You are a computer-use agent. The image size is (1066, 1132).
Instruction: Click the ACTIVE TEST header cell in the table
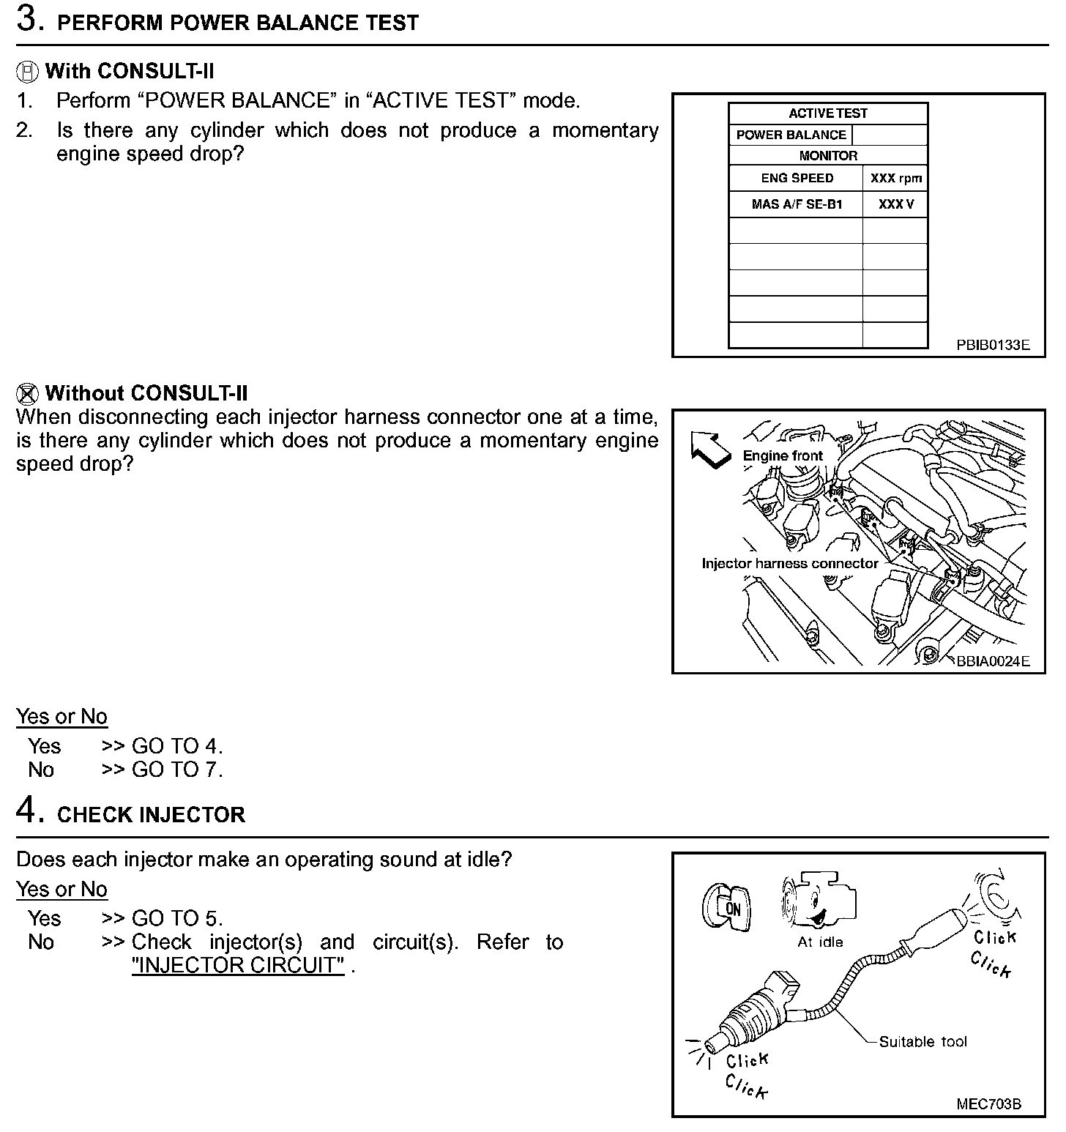(x=827, y=113)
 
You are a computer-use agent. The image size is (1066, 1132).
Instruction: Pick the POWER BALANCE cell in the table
(x=791, y=135)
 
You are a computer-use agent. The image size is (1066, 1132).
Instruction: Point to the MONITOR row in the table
(x=827, y=156)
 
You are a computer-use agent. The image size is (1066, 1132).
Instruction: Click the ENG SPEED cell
(x=797, y=178)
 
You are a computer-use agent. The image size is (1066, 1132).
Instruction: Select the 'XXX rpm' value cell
(x=895, y=178)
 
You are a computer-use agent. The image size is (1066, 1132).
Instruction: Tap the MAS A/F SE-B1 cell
(x=797, y=204)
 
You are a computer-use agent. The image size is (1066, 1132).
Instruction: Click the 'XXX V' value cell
(x=895, y=204)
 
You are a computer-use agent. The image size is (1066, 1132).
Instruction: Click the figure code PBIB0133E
(x=992, y=345)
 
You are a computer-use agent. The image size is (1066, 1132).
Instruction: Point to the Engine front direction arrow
(x=710, y=449)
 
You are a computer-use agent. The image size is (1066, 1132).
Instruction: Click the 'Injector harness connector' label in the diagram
(x=789, y=563)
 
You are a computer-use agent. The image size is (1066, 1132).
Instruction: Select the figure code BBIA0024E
(x=992, y=661)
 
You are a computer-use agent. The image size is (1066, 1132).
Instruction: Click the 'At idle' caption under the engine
(x=820, y=942)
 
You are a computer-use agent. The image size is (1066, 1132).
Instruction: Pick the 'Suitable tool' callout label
(x=922, y=1041)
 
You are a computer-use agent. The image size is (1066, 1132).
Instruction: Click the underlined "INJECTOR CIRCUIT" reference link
(x=238, y=965)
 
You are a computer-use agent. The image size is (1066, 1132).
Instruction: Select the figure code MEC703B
(x=988, y=1103)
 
